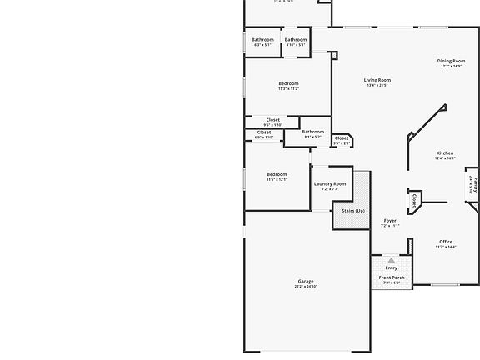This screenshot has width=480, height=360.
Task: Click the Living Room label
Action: [377, 81]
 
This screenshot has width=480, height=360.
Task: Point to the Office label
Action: [446, 242]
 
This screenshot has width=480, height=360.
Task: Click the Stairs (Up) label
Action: [353, 211]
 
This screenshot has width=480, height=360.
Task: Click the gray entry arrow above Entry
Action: [392, 261]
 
